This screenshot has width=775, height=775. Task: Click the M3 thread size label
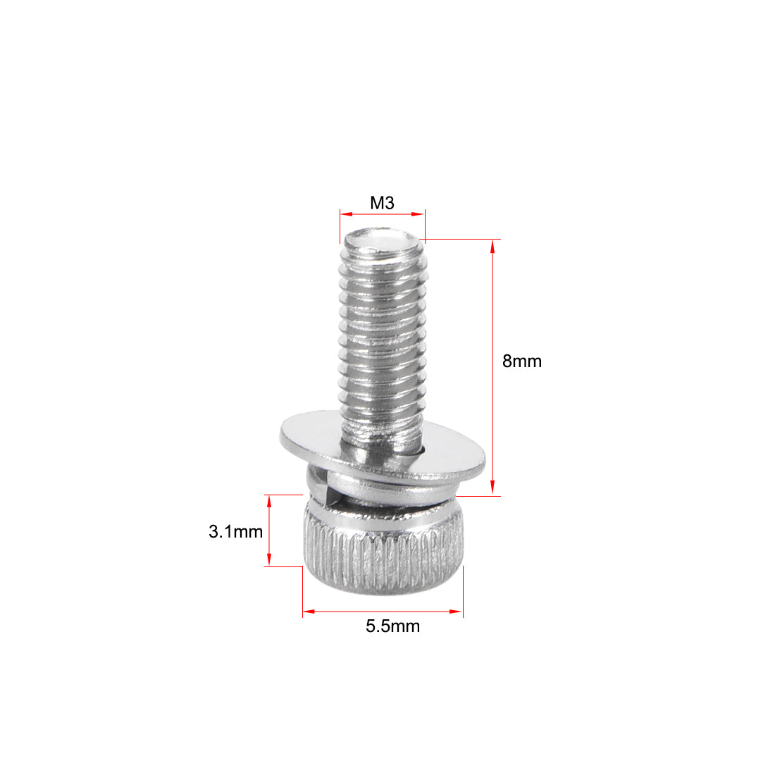382,203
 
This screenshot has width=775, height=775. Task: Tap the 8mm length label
521,361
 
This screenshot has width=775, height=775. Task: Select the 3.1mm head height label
235,531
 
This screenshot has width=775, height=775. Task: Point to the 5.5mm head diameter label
392,626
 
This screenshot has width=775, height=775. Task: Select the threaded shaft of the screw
382,338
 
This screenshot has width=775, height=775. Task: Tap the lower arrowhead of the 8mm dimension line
492,490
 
